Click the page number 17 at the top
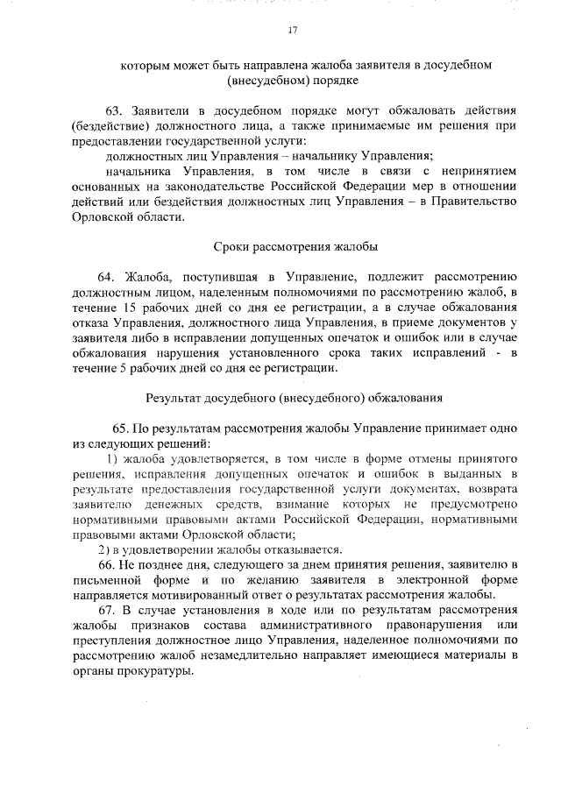293,31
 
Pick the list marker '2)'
103,549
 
